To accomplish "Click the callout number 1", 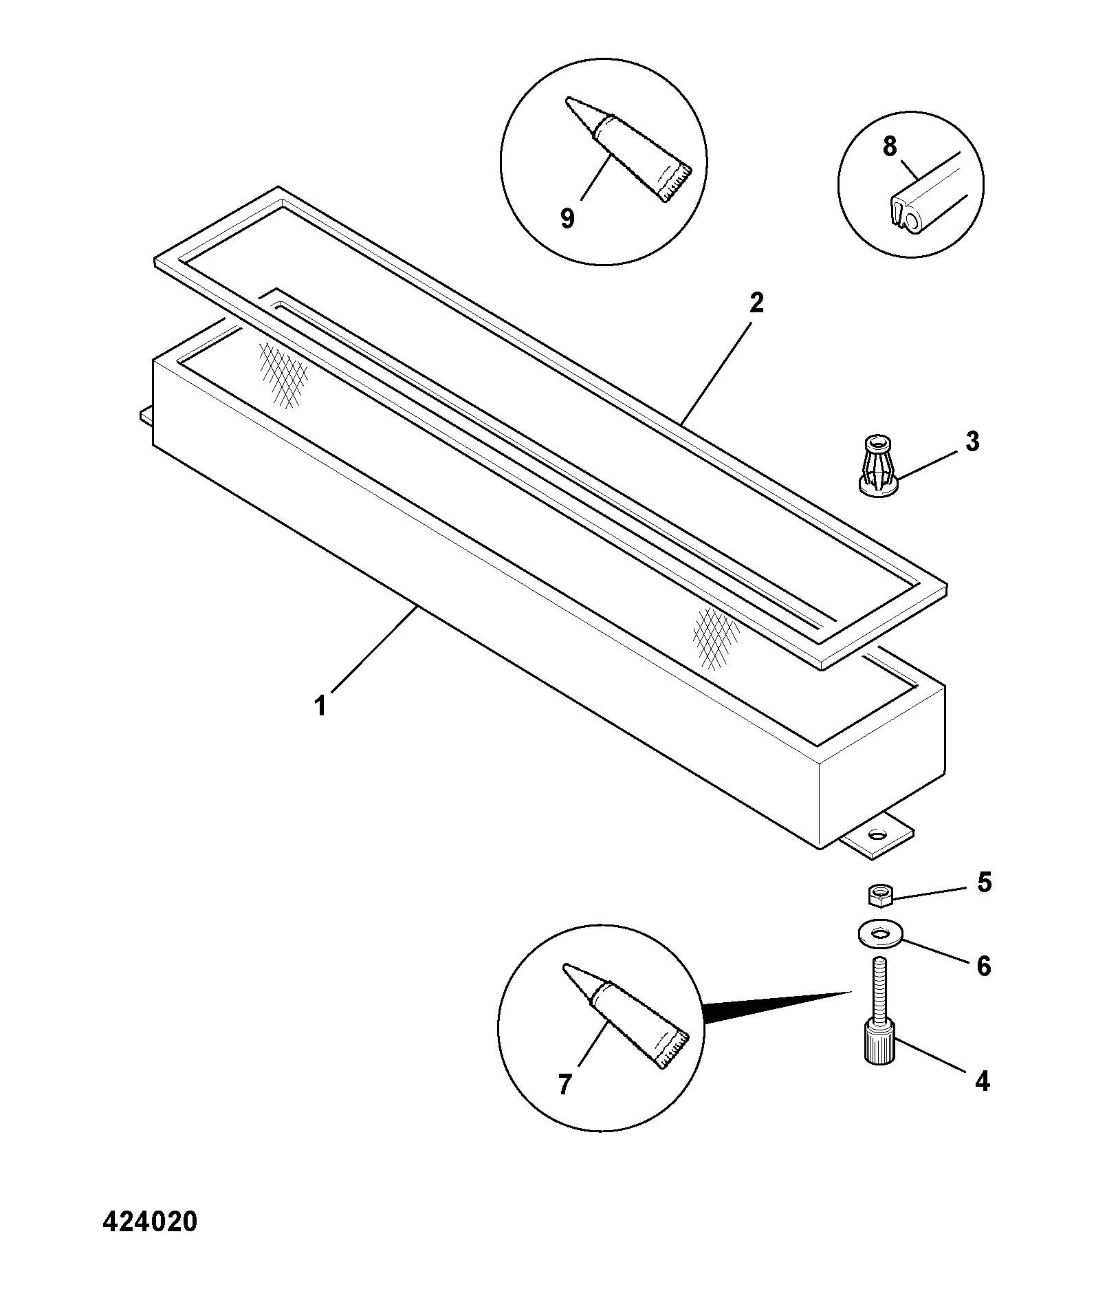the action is pos(320,706).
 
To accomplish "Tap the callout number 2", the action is pos(756,303).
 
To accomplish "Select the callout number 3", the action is pos(972,442).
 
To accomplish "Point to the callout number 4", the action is pos(983,1082).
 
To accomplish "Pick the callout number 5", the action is pos(985,882).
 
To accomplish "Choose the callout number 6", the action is pos(984,966).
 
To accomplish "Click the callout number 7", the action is pos(565,1085).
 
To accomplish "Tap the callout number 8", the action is pos(890,147).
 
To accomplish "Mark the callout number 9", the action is pos(567,219).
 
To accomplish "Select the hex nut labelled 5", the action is pos(879,895).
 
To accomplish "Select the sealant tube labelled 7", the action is pos(625,1016).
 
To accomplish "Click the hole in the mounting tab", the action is pos(878,835).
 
